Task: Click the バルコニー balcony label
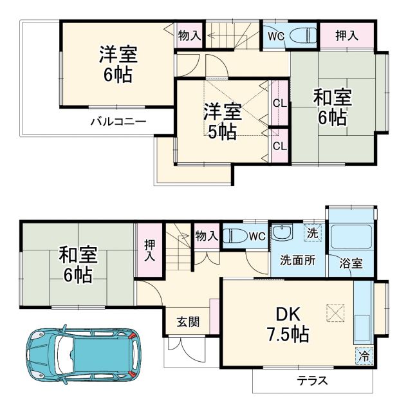coord(118,121)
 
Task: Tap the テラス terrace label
coord(312,380)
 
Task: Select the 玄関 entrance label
coord(189,321)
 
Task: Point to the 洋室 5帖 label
coord(223,121)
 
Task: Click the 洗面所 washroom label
coord(297,261)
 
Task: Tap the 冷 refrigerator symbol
coord(364,355)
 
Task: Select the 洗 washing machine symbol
coord(311,234)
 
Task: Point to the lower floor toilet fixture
coord(236,235)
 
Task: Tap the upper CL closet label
coord(279,103)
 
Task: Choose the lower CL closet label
coord(279,146)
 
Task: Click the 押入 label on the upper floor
coord(347,36)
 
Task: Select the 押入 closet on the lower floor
coord(149,250)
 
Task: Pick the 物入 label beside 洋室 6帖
coord(189,35)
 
